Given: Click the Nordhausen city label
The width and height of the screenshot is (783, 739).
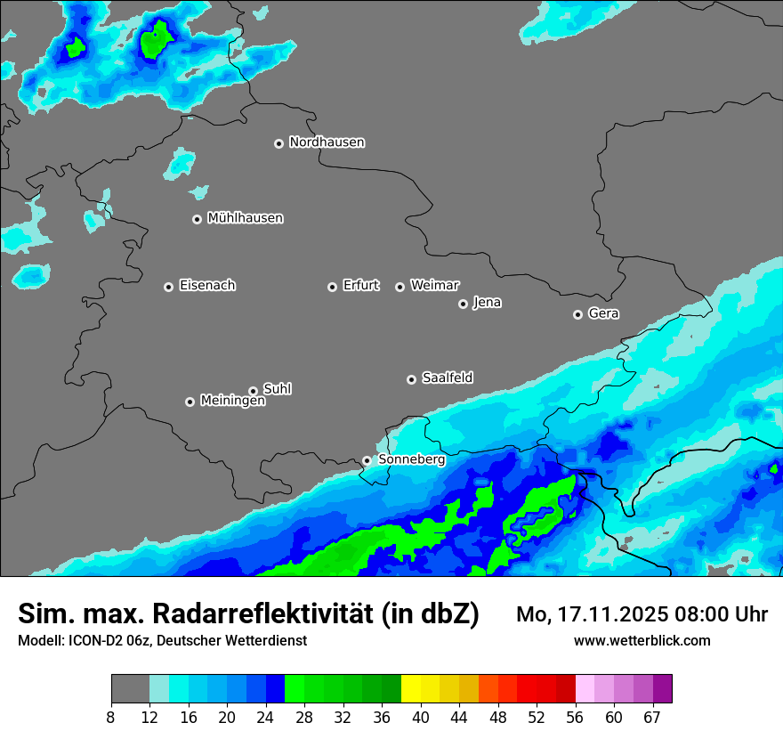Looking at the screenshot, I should point(327,142).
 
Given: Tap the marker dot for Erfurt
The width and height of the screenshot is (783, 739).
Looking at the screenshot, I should point(332,287).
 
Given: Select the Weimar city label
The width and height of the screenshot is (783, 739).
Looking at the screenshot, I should point(434,285).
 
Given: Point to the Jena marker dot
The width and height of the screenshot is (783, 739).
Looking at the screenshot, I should point(463,304).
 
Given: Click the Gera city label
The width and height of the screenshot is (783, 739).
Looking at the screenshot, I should point(603,313).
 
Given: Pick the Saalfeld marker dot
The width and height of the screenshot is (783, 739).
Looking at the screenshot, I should point(411,379).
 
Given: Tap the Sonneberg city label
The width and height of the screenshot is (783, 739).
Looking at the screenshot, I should point(411,459).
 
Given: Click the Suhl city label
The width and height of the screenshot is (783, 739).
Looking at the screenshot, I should point(277,389).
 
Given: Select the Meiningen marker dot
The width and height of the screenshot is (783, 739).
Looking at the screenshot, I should point(190,402).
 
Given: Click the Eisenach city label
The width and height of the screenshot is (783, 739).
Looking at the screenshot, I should point(207,286).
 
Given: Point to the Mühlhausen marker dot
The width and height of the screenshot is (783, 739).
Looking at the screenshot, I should point(197,219).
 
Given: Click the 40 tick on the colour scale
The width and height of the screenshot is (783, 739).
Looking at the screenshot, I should point(420,717).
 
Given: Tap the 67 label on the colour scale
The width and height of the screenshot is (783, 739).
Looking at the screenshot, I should point(652,717).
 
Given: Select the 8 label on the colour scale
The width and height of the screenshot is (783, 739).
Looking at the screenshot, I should point(111,717).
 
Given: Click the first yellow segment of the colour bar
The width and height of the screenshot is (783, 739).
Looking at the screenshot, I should point(410,688).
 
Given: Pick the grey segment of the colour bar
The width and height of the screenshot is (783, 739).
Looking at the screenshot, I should point(130,688).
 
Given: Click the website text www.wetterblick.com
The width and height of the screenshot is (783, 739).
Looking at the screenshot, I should point(642,640).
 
